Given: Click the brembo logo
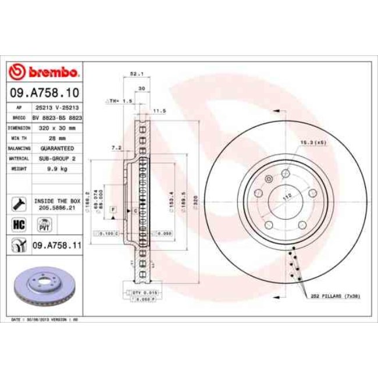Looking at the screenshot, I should pos(44,72).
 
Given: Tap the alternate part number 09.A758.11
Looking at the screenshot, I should pos(56,245).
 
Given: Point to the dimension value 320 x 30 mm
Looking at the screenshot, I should pos(56,127).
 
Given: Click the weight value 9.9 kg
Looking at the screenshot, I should pos(56,168).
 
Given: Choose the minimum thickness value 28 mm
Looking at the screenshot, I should pos(56,138).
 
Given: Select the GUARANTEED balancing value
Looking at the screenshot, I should pos(56,148).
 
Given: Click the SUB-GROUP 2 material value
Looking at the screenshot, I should pos(56,158).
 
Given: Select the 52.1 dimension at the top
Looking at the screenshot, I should pos(134,74).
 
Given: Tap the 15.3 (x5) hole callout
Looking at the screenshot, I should pos(313,141).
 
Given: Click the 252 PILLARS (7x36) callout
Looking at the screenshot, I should pos(340,296).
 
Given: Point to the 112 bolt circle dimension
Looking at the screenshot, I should pos(286,198).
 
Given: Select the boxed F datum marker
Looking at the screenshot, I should pos(113,208).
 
